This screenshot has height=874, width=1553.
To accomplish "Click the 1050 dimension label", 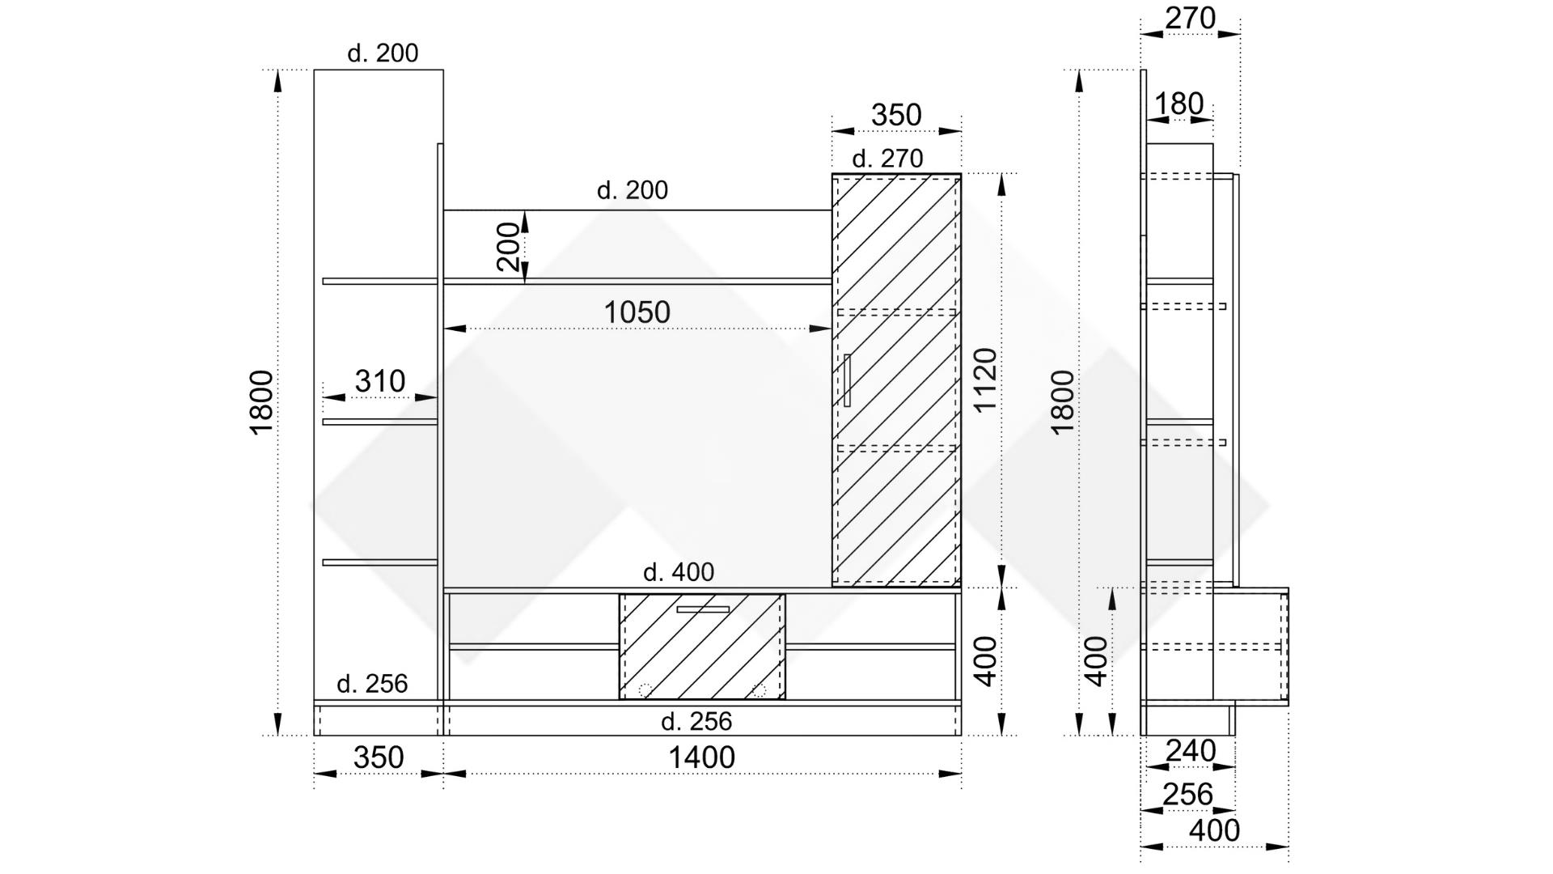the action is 637,312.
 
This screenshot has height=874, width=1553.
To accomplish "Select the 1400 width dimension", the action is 701,758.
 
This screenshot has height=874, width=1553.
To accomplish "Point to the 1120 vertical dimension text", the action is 985,380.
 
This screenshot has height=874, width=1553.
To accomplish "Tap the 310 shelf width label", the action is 380,381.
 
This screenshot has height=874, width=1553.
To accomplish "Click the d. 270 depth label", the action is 887,159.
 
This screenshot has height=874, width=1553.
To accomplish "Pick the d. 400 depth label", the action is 679,573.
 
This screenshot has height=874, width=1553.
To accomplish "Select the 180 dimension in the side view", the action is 1179,104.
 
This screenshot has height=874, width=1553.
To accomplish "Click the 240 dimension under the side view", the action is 1191,752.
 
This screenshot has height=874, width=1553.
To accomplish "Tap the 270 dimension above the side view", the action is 1190,18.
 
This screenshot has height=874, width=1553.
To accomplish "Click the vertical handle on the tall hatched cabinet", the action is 847,380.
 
